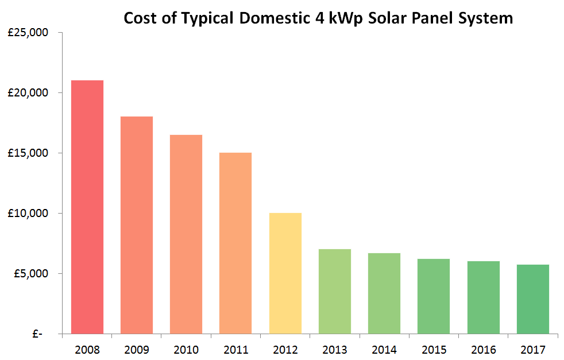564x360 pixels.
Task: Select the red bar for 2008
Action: point(87,207)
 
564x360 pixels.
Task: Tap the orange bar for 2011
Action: point(235,243)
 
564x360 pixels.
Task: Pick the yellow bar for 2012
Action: point(285,273)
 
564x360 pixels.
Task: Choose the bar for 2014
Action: point(384,293)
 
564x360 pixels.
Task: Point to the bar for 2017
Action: point(532,299)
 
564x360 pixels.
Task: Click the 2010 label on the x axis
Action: point(186,350)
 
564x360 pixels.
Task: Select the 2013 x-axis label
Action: point(334,350)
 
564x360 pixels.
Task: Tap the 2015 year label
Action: point(434,350)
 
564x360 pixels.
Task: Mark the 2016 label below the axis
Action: point(483,350)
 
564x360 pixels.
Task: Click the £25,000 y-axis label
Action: point(28,33)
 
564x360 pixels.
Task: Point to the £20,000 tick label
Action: point(28,93)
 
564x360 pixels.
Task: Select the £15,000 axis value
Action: point(28,153)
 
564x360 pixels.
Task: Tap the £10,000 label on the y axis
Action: point(28,214)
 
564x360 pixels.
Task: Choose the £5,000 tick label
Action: point(30,273)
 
